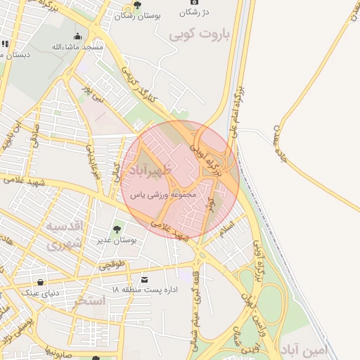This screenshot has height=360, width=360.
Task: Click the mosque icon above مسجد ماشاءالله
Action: (77, 36)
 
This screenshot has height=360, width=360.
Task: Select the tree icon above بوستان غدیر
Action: (117, 228)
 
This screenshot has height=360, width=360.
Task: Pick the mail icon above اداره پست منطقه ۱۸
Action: (145, 279)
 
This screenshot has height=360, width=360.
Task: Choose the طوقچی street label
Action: (111, 266)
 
